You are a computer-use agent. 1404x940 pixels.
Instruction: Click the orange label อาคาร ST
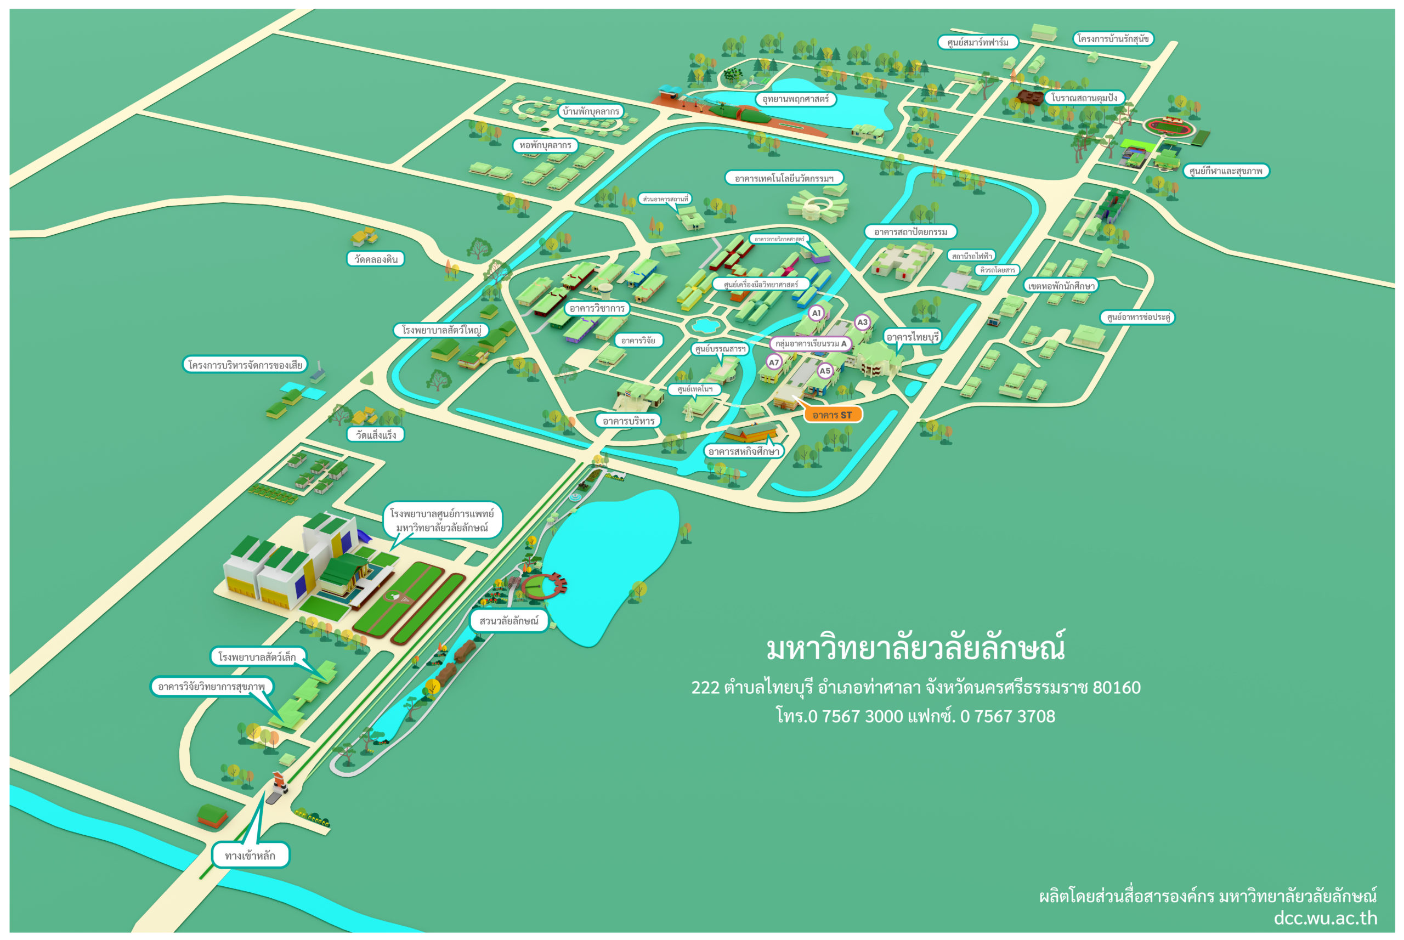(831, 415)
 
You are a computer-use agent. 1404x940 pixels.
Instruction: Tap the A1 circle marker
(816, 313)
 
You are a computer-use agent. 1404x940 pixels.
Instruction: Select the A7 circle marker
(773, 362)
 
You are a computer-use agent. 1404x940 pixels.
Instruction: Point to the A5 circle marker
(825, 371)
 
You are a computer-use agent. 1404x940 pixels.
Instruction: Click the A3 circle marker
(862, 322)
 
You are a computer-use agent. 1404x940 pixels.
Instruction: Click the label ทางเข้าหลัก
(250, 856)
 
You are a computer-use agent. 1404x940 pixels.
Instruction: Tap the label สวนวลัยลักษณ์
(508, 620)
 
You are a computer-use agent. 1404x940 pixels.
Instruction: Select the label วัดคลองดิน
(376, 259)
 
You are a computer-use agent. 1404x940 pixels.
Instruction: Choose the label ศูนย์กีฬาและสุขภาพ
(1225, 171)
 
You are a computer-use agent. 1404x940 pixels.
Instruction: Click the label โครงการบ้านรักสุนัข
(1113, 39)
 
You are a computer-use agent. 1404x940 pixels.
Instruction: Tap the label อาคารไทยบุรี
(912, 337)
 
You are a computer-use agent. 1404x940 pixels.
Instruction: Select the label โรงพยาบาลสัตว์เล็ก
(257, 656)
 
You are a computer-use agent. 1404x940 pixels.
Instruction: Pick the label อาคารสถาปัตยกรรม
(910, 231)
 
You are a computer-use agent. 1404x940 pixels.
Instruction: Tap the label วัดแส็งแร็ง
(376, 435)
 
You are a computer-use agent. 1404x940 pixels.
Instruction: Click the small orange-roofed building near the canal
(212, 816)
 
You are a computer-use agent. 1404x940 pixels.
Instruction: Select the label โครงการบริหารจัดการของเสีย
(245, 365)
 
